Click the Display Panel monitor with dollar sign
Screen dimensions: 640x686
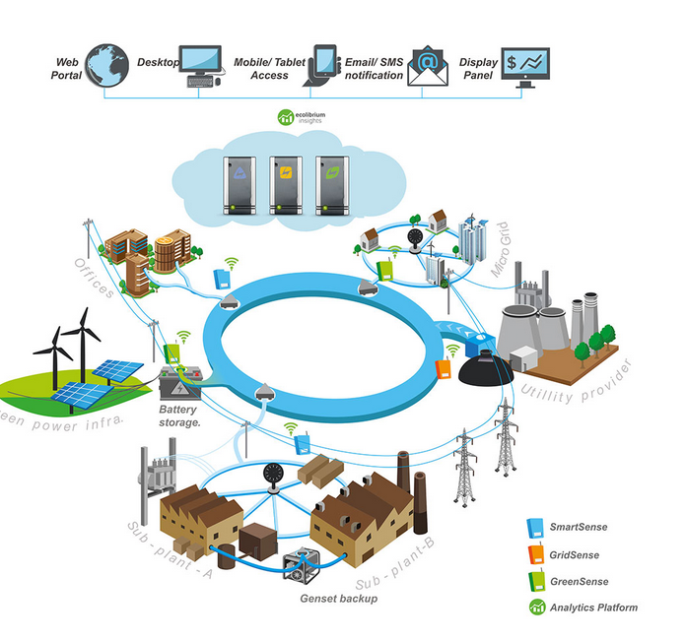525,65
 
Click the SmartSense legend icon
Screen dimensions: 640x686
535,527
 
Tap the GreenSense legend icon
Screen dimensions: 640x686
535,580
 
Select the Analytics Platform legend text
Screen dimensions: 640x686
595,608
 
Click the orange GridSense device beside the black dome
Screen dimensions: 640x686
445,371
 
